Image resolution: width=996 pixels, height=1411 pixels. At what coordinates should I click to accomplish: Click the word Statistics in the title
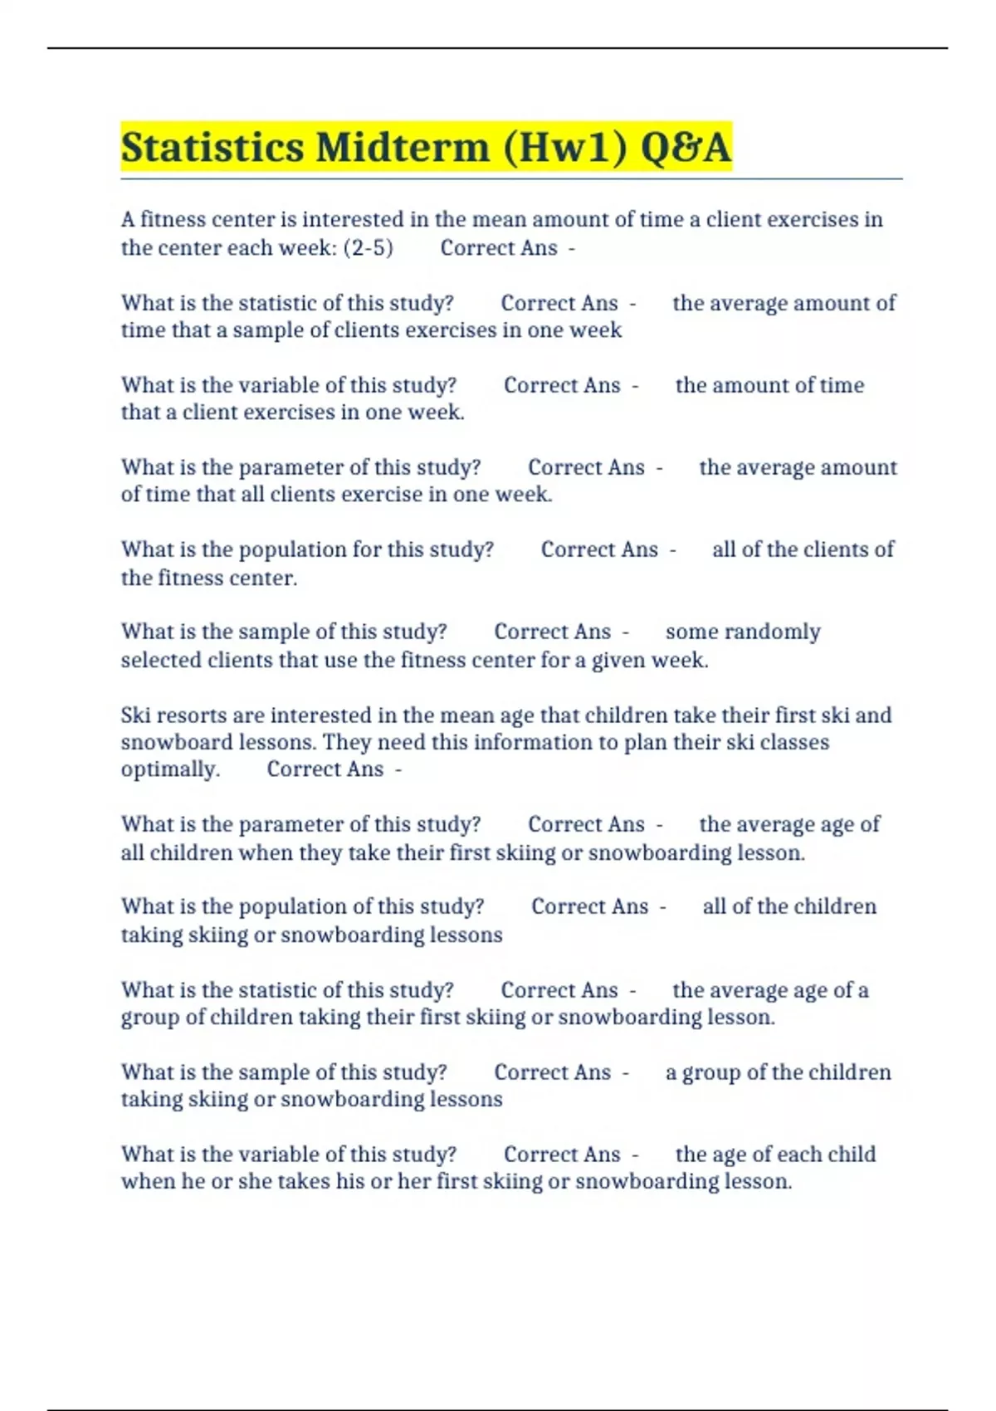[x=212, y=148]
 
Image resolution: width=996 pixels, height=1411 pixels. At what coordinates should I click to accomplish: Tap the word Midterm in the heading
[x=403, y=148]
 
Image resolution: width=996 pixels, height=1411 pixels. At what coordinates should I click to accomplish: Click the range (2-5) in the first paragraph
[x=368, y=248]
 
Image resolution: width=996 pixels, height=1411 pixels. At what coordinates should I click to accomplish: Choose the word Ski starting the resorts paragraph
[x=134, y=715]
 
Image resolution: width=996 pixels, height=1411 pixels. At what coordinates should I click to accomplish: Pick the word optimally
[x=170, y=770]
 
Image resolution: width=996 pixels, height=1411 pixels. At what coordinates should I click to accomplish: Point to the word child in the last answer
[x=850, y=1155]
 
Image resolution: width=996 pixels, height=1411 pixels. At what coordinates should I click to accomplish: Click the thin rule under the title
[x=511, y=178]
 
